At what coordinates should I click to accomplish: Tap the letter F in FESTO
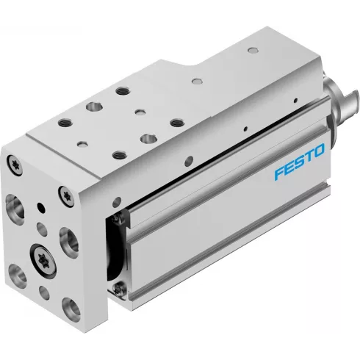pos(278,176)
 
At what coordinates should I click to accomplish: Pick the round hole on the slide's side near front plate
pos(115,200)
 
